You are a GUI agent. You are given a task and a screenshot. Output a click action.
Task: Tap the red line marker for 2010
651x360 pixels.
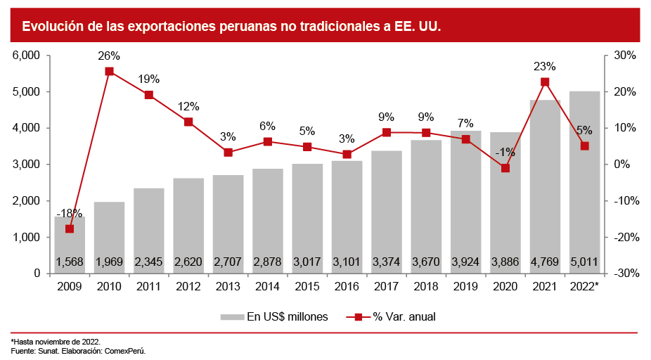point(109,71)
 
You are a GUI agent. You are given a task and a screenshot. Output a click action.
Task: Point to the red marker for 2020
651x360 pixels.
point(505,168)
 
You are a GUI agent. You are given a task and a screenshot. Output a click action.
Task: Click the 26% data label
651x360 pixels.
point(109,56)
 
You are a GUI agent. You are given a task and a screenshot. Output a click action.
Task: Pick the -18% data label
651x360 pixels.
point(69,213)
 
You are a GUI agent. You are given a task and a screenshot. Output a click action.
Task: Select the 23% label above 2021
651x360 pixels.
point(545,67)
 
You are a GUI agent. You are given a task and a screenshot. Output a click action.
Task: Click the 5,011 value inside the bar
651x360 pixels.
point(584,262)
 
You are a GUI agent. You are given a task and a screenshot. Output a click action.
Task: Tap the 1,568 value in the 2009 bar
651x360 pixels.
point(70,262)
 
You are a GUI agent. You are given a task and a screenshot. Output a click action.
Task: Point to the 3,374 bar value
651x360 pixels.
point(386,262)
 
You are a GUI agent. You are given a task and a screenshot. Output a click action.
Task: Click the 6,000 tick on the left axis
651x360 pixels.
point(26,56)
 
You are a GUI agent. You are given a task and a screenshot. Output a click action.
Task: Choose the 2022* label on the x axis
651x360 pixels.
point(584,287)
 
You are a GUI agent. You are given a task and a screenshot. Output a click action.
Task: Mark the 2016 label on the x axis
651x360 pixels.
point(347,287)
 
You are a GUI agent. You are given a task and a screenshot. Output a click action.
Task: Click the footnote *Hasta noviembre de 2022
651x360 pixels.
point(56,341)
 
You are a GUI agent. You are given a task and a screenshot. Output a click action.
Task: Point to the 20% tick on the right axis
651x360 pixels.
point(624,92)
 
